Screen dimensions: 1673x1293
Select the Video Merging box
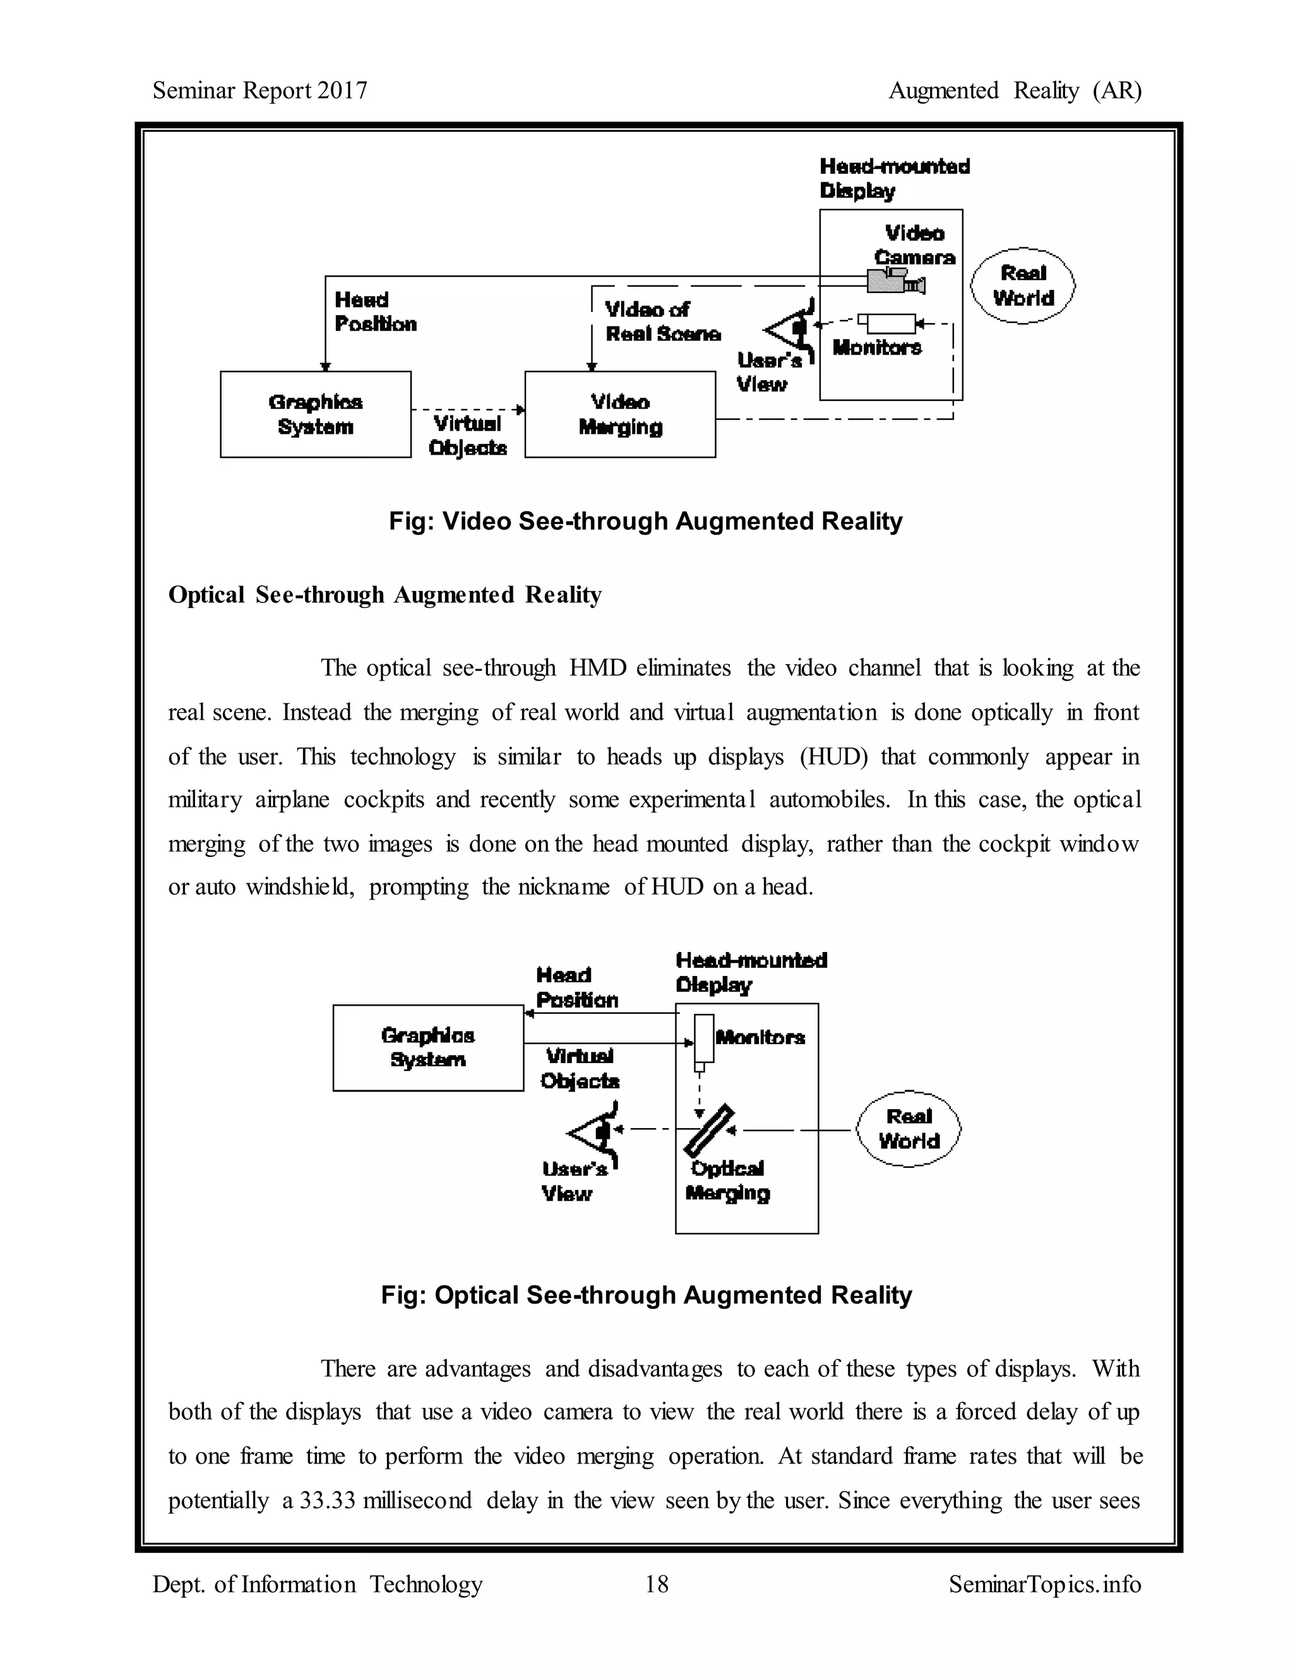(x=620, y=414)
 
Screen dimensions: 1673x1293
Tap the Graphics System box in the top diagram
(x=315, y=414)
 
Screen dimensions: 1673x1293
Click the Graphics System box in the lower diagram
(x=427, y=1047)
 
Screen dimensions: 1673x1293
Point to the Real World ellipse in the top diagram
(x=1023, y=286)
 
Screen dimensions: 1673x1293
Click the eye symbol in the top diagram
(x=790, y=330)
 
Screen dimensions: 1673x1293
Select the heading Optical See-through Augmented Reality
(x=384, y=595)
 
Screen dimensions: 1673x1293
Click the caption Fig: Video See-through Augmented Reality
(x=645, y=521)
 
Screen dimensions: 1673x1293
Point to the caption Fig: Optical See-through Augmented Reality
(x=646, y=1295)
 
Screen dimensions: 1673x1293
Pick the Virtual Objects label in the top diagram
(x=467, y=435)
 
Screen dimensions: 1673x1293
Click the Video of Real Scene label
(x=662, y=322)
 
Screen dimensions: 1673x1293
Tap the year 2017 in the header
(x=342, y=90)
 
